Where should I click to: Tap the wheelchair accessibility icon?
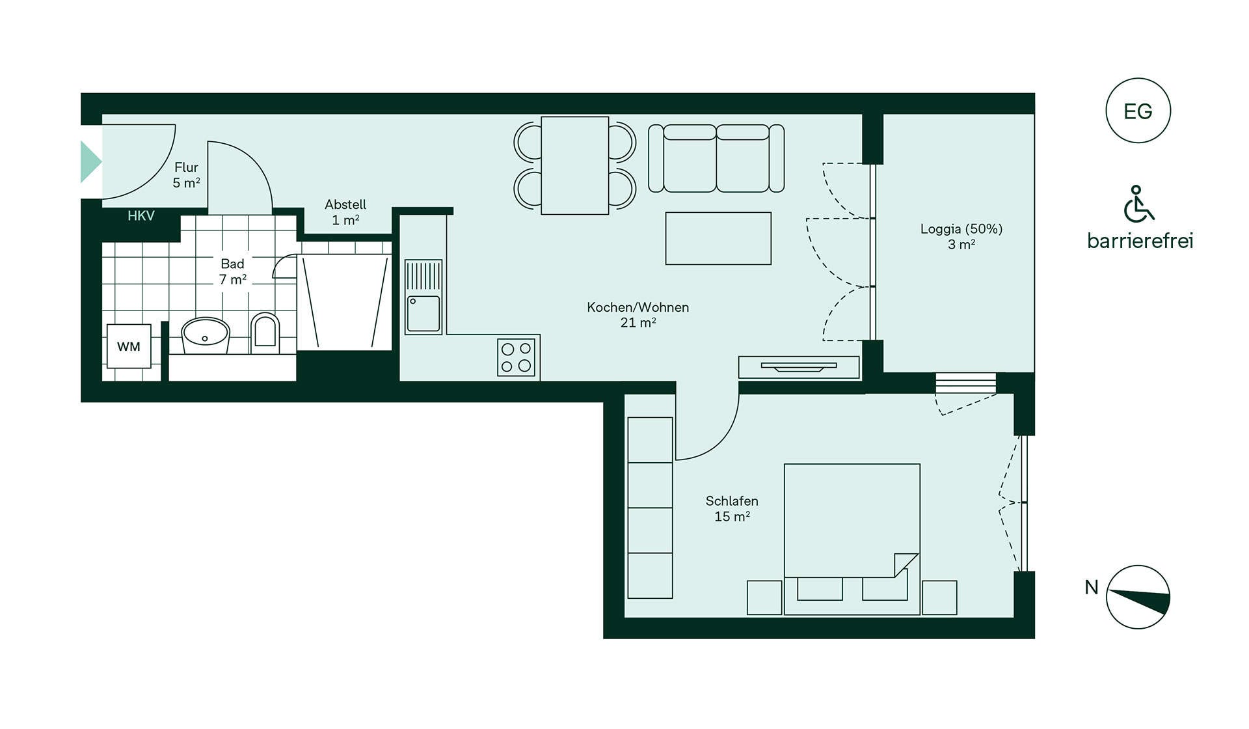[x=1138, y=204]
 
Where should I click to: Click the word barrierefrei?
[x=1140, y=241]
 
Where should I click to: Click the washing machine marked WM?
[x=129, y=346]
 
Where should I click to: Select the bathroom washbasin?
[x=206, y=335]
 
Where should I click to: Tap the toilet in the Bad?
[x=265, y=333]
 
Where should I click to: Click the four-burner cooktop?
[x=516, y=357]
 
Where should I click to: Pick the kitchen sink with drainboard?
[x=423, y=297]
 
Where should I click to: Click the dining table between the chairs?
[x=575, y=165]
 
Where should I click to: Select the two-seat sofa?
[x=716, y=159]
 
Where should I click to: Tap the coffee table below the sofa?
[x=718, y=238]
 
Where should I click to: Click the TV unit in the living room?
[x=799, y=367]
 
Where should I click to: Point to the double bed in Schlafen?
[x=852, y=539]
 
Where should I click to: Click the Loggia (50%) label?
[x=961, y=229]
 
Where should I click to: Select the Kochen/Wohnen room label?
[x=638, y=307]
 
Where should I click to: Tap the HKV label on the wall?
[x=141, y=216]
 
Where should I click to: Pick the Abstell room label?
[x=345, y=204]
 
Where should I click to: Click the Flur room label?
[x=186, y=167]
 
